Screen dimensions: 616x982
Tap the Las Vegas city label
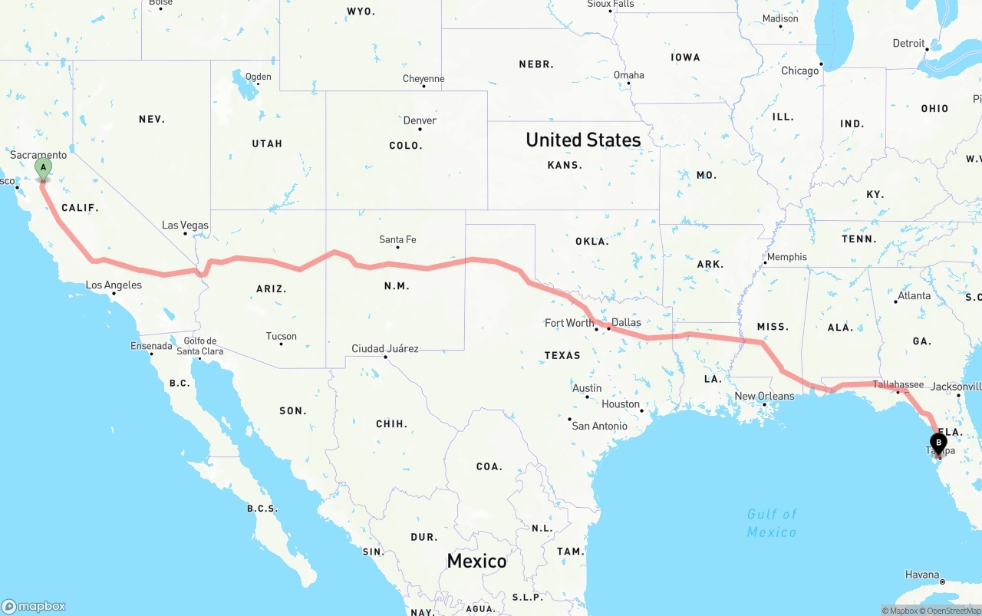click(185, 226)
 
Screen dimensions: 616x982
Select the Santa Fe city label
click(397, 240)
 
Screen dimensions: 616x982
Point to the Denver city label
click(420, 120)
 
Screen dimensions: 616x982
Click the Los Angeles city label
click(114, 285)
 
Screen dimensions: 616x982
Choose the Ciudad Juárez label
click(385, 349)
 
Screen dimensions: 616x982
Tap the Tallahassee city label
click(898, 384)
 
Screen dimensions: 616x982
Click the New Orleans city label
click(764, 397)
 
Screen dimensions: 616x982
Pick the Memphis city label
click(787, 257)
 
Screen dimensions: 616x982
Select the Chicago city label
click(800, 71)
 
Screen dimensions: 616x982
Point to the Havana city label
click(922, 575)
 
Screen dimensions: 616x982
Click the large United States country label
click(583, 140)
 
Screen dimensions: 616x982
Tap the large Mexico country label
click(476, 561)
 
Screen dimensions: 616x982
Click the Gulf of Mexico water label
click(772, 523)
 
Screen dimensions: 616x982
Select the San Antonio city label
click(600, 427)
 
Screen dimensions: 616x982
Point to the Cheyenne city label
click(423, 79)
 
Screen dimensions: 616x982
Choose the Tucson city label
click(282, 337)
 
